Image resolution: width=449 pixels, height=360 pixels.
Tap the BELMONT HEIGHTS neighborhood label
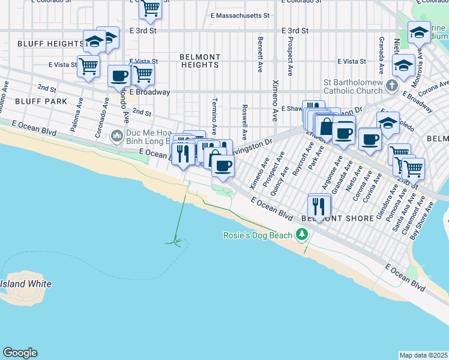[200, 61]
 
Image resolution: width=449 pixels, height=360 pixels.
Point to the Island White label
[25, 284]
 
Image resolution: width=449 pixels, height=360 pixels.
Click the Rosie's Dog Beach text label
[258, 235]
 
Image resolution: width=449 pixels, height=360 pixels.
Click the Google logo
[20, 353]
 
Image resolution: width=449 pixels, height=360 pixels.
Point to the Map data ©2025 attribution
[423, 355]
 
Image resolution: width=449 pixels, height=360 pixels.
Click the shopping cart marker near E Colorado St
[150, 8]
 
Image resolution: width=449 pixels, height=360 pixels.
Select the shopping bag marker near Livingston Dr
[326, 127]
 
